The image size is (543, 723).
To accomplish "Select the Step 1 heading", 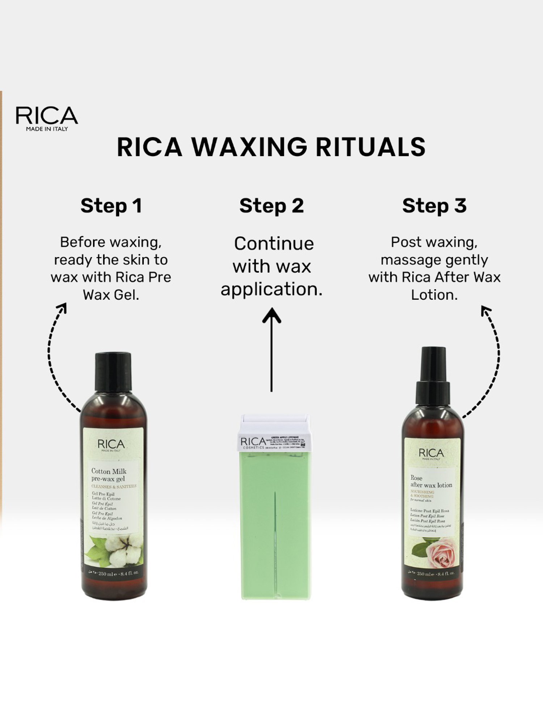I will pyautogui.click(x=111, y=206).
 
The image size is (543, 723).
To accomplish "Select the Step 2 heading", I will pyautogui.click(x=271, y=206).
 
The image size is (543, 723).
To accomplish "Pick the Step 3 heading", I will pyautogui.click(x=434, y=206).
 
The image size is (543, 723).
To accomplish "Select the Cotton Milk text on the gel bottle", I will pyautogui.click(x=109, y=471).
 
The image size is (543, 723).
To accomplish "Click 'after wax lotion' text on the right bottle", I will pyautogui.click(x=431, y=485).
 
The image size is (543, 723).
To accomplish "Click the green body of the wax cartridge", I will pyautogui.click(x=275, y=524).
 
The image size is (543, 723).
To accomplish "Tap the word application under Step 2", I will pyautogui.click(x=271, y=289).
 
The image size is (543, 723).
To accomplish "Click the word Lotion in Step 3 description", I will pyautogui.click(x=434, y=295).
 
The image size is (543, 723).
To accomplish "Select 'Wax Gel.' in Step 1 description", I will pyautogui.click(x=111, y=295).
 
